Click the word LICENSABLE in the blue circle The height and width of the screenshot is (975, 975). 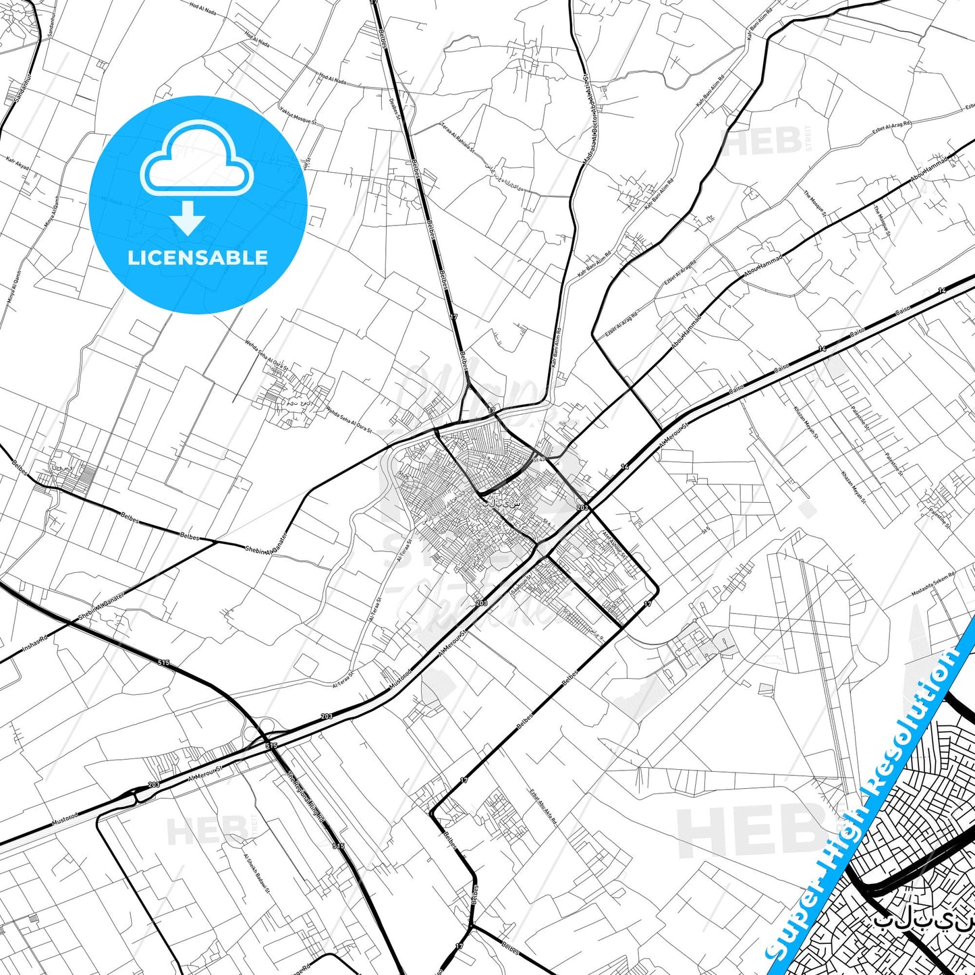(x=198, y=258)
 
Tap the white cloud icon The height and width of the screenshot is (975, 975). (x=197, y=162)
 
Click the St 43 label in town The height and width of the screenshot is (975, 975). (x=538, y=459)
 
